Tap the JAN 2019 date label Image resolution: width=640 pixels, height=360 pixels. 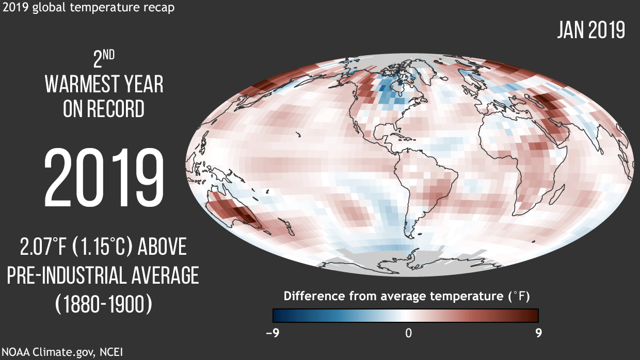591,30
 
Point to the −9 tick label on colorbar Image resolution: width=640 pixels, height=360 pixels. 273,333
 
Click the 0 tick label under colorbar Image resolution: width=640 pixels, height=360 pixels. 408,333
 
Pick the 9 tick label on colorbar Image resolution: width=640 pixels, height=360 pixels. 538,333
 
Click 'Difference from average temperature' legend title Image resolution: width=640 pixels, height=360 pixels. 392,297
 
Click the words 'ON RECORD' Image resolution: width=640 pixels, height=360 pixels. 104,109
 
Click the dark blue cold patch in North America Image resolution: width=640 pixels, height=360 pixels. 385,90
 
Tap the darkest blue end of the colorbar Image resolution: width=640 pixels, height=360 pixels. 277,315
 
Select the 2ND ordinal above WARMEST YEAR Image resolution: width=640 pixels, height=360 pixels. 104,60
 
